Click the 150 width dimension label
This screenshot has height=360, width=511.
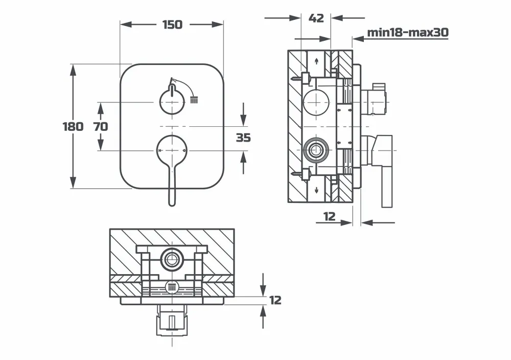(172, 25)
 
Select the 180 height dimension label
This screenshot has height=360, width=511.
(73, 126)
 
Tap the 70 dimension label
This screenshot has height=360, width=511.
(101, 126)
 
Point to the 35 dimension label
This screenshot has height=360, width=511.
(244, 137)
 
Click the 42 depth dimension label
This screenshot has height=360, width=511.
(316, 18)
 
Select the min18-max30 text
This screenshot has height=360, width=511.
(407, 33)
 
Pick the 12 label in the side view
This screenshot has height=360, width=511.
(330, 216)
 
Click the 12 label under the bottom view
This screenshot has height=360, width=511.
(275, 300)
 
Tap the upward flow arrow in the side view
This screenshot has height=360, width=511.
(318, 61)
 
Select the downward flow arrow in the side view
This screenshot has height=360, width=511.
(318, 191)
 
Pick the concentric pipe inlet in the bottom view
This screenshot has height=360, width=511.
(172, 258)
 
